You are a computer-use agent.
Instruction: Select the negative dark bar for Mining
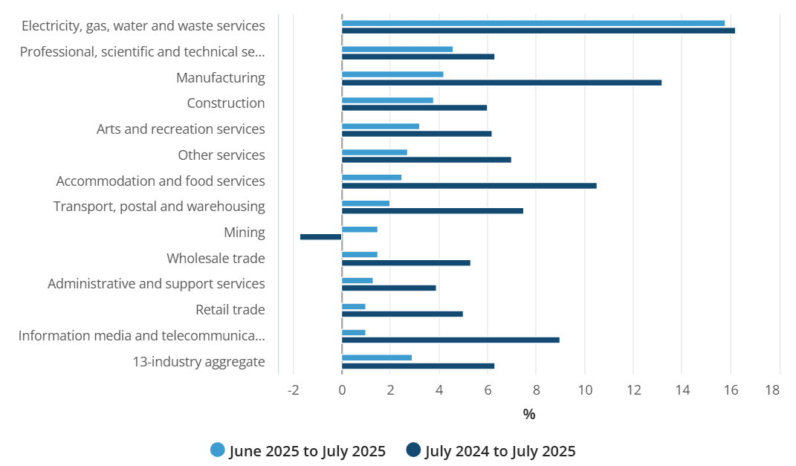[x=320, y=237]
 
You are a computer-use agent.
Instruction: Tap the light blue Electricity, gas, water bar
[x=533, y=23]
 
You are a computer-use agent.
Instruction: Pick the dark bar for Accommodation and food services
[x=469, y=186]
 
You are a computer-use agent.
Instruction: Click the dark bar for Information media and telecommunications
[x=450, y=340]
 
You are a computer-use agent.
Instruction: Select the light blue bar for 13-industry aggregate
[x=377, y=357]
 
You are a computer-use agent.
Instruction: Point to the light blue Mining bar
[x=360, y=229]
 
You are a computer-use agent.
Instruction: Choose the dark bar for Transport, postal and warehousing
[x=433, y=211]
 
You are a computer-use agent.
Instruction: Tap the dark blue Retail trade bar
[x=402, y=314]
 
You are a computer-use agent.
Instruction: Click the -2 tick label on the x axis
[x=293, y=390]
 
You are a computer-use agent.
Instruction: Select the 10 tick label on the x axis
[x=584, y=390]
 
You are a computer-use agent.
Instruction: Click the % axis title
[x=529, y=415]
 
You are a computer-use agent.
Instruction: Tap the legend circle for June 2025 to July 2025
[x=218, y=450]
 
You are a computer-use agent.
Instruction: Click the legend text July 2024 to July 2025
[x=500, y=451]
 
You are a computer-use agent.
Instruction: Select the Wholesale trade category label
[x=216, y=259]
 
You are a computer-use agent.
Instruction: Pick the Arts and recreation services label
[x=181, y=129]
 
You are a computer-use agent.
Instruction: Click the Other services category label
[x=221, y=155]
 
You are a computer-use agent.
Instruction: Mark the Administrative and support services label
[x=156, y=284]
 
